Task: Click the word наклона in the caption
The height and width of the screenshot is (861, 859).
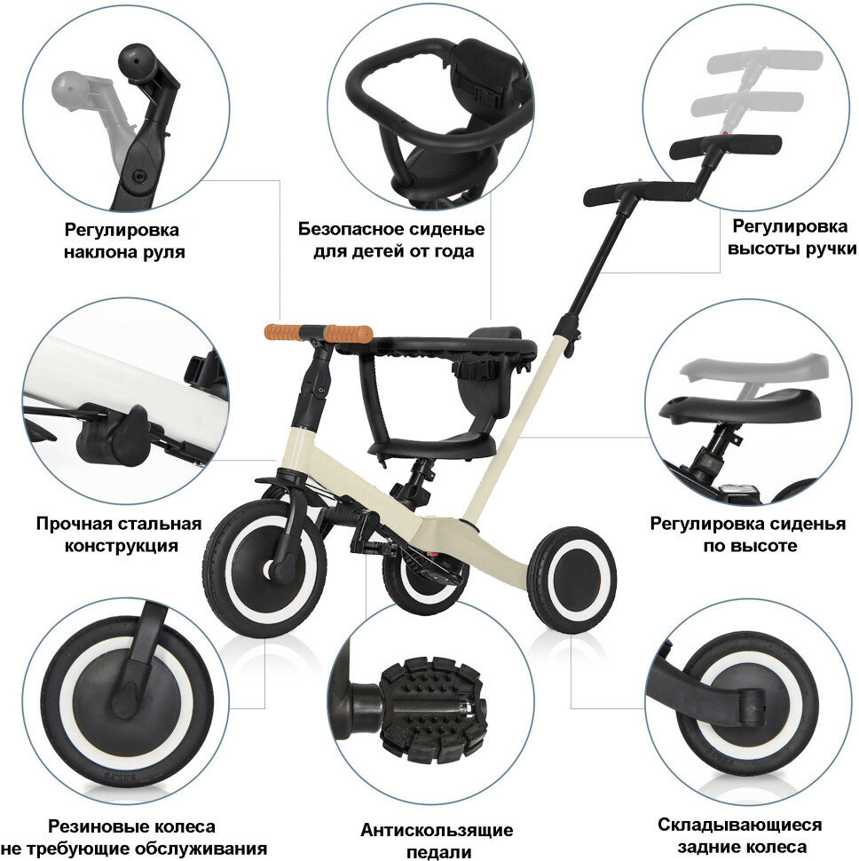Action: point(100,251)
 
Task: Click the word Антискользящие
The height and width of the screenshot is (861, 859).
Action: point(436,831)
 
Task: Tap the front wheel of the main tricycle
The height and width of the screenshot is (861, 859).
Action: point(254,567)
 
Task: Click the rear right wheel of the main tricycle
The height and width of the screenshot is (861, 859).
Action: point(571,579)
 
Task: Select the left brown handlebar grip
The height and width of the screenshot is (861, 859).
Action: point(282,331)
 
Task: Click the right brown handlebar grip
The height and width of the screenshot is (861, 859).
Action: point(347,333)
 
